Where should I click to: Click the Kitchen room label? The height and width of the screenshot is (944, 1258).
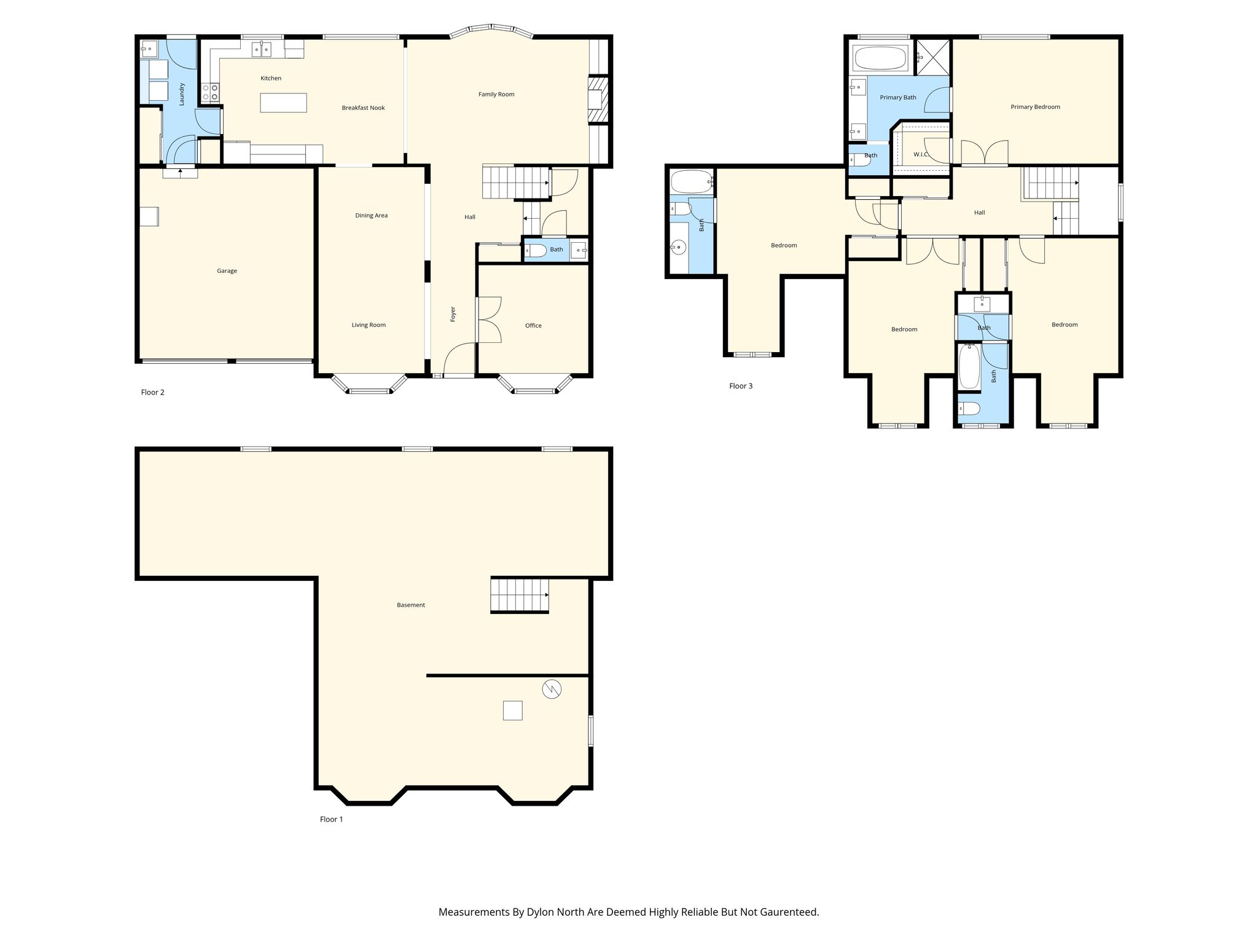click(x=271, y=78)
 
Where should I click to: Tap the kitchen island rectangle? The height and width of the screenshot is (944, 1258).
click(x=283, y=102)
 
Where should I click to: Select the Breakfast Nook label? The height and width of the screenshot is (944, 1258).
click(x=363, y=108)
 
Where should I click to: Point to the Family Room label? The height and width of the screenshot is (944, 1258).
click(x=496, y=94)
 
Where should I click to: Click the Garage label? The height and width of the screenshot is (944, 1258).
click(x=227, y=271)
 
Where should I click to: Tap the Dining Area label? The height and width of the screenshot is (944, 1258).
click(x=371, y=216)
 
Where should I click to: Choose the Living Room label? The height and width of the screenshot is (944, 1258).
click(x=369, y=325)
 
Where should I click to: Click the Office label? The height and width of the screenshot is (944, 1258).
click(x=533, y=326)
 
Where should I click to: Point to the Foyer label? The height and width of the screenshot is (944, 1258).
click(x=453, y=314)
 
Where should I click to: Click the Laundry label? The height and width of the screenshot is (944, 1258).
click(x=182, y=94)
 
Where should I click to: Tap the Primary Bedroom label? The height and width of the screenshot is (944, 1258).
click(x=1035, y=107)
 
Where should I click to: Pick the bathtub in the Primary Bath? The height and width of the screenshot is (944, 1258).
click(x=880, y=60)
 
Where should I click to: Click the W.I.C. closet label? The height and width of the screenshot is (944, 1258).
click(x=921, y=154)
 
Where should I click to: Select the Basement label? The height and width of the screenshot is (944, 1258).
click(x=411, y=605)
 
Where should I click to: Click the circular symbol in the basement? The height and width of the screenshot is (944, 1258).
click(x=552, y=690)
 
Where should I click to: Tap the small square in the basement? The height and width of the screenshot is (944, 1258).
click(x=512, y=710)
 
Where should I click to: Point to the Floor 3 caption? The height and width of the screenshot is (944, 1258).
click(x=741, y=386)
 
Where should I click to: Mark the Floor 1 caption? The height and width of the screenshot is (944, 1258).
click(x=332, y=819)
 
